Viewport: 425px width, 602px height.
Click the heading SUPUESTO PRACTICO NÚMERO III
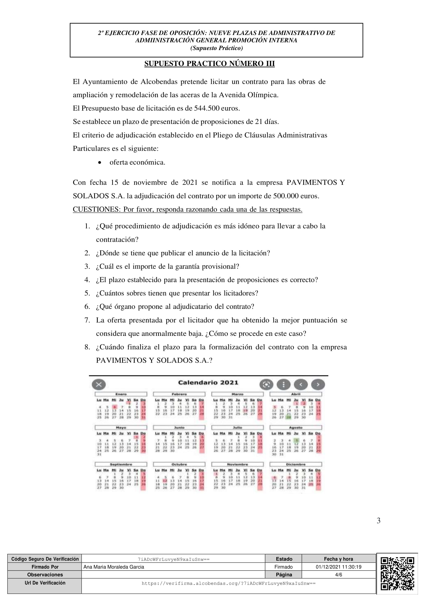209,64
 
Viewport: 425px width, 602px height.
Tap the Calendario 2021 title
208,383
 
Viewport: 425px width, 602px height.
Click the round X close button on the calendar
99,385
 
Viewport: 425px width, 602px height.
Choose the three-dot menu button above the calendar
284,385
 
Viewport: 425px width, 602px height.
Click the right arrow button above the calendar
318,385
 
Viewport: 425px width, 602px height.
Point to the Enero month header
121,394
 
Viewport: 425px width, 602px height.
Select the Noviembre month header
237,464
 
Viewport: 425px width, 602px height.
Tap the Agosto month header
295,428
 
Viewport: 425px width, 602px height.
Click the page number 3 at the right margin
378,521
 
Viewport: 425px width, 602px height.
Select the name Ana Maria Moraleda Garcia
114,567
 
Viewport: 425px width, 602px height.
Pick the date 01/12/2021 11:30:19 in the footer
338,567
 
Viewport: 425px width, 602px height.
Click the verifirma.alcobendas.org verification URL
228,583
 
